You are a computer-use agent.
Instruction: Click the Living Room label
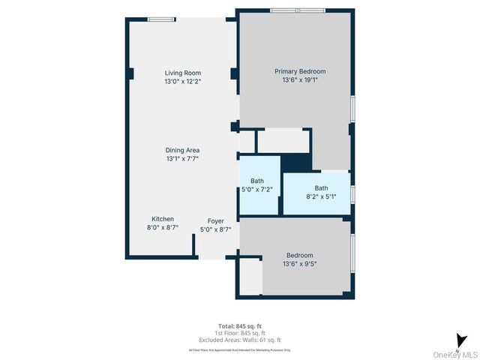183,73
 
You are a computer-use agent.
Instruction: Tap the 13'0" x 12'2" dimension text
183,81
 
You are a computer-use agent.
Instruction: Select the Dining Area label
182,150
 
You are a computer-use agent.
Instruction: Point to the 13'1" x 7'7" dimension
182,159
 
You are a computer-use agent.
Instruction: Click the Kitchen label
163,219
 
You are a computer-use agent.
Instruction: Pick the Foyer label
216,221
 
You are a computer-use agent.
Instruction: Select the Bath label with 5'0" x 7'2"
257,181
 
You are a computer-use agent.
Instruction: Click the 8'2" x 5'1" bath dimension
321,196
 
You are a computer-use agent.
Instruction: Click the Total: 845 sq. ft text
239,326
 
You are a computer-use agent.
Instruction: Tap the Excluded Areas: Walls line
239,340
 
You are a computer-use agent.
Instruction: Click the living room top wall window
158,19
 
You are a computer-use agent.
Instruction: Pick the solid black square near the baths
296,163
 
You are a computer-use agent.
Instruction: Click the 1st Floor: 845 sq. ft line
239,333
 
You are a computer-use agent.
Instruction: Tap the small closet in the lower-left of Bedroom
250,278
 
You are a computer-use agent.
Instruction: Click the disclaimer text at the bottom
239,350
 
